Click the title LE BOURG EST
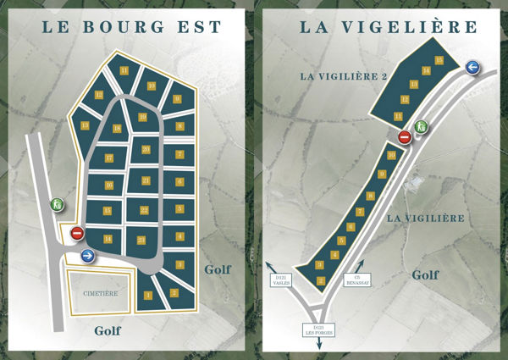point(132,27)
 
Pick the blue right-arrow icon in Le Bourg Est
point(87,255)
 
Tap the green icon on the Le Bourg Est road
point(56,203)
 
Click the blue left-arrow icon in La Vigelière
point(472,68)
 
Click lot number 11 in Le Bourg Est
point(124,70)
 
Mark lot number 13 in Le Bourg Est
point(86,125)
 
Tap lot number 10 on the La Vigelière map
point(391,156)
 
